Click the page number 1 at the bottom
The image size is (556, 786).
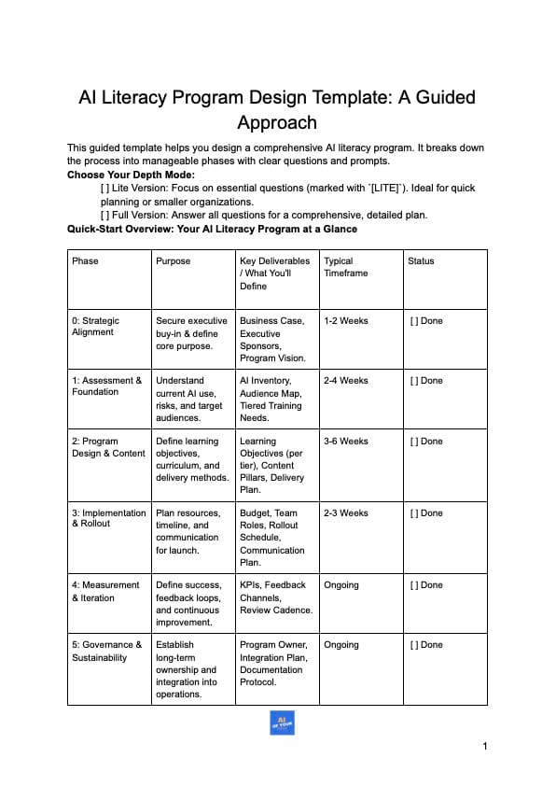pos(485,745)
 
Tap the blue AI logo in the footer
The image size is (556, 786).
pos(282,722)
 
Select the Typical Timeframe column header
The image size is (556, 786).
pos(347,267)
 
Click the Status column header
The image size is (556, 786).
pos(421,261)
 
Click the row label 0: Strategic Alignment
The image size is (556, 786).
pos(96,326)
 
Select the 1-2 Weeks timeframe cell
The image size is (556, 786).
pos(345,321)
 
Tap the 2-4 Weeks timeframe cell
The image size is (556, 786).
pos(345,381)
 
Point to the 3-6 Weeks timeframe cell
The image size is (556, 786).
pos(345,442)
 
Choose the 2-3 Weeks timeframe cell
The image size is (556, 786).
pos(345,513)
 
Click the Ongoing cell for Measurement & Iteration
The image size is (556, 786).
pos(341,585)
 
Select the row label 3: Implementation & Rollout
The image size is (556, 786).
pos(108,518)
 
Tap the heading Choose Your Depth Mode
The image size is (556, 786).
pos(131,175)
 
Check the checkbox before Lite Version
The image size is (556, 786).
pos(104,189)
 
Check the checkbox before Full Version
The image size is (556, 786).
pos(104,215)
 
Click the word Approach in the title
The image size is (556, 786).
pos(277,122)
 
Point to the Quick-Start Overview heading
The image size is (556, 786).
pos(212,229)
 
